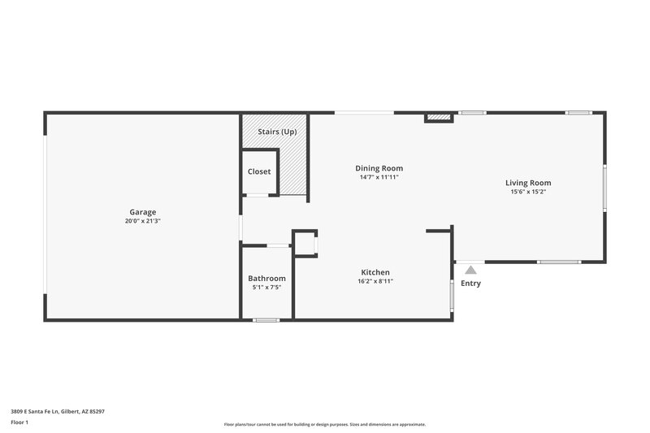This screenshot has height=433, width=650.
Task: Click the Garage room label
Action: tap(142, 212)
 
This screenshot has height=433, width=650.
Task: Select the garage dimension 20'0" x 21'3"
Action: tap(142, 221)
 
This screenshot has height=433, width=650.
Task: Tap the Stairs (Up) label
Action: tap(277, 131)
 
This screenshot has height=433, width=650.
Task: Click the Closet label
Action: tap(259, 171)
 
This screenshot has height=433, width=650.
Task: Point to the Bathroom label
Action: tap(266, 278)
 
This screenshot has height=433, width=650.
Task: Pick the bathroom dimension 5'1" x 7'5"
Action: tap(266, 288)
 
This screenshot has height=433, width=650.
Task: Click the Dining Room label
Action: tap(379, 168)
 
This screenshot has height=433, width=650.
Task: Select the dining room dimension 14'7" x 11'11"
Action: tap(379, 177)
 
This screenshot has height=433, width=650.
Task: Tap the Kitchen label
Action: tap(375, 272)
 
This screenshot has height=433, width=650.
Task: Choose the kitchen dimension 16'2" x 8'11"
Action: tap(375, 282)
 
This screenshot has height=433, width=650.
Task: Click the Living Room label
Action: tap(528, 183)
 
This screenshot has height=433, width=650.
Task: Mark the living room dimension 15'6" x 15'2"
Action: tap(528, 193)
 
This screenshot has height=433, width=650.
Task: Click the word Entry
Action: tap(470, 284)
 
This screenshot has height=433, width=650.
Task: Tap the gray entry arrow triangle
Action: tap(470, 269)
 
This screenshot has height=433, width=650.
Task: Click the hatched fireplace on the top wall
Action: tap(439, 118)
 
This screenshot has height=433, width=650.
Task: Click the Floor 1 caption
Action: tap(20, 423)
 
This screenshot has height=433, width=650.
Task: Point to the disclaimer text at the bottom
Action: tap(325, 424)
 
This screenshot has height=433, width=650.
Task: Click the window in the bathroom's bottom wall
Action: tap(266, 320)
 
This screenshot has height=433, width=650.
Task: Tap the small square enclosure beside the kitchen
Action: tap(305, 244)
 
